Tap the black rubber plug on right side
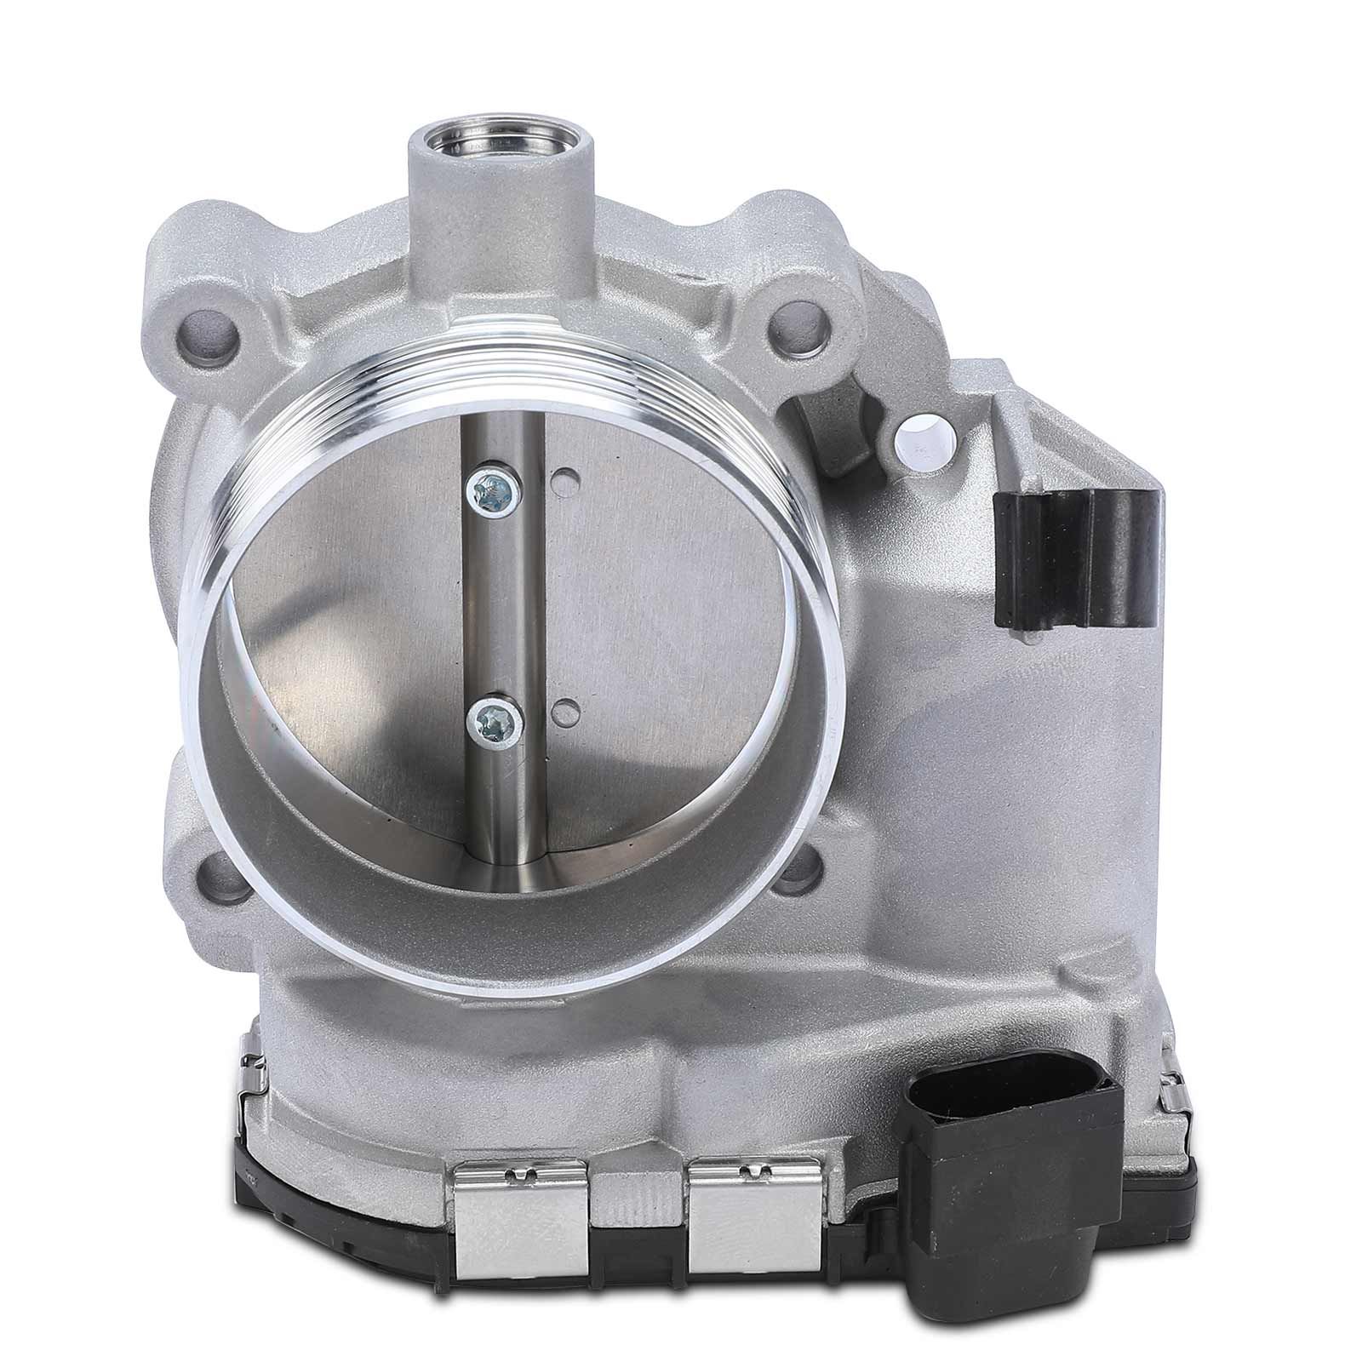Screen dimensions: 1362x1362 [x=1074, y=556]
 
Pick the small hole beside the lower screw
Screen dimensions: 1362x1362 [x=563, y=710]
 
